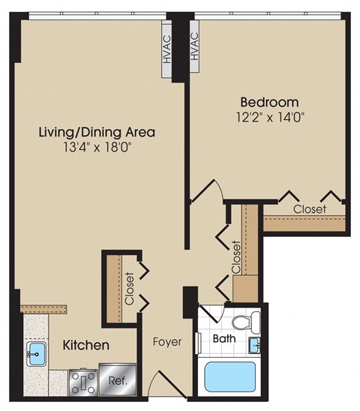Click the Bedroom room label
coord(269,101)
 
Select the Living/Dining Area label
coord(97,132)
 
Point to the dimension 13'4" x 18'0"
coord(98,148)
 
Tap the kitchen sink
coord(36,352)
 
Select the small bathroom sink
coord(256,344)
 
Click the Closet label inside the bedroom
coord(309,209)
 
